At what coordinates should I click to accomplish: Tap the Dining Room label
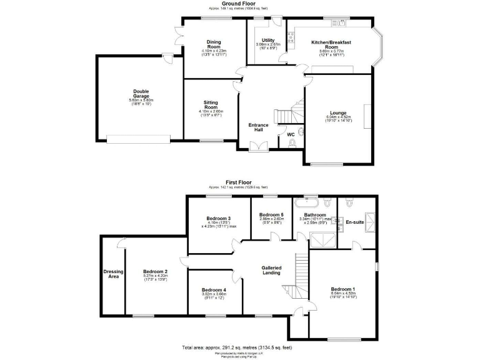[x=214, y=44]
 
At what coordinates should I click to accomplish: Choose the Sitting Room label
[x=210, y=104]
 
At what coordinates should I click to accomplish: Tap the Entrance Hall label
[x=258, y=128]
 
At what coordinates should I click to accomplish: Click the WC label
[x=290, y=134]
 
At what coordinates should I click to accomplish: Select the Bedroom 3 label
[x=219, y=218]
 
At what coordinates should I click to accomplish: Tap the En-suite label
[x=355, y=222]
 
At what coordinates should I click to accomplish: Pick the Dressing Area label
[x=113, y=274]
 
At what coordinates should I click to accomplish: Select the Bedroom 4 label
[x=214, y=289]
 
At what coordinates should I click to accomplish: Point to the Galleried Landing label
[x=271, y=271]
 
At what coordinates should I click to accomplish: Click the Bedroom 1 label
[x=343, y=289]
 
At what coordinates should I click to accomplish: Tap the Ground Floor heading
[x=240, y=4]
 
